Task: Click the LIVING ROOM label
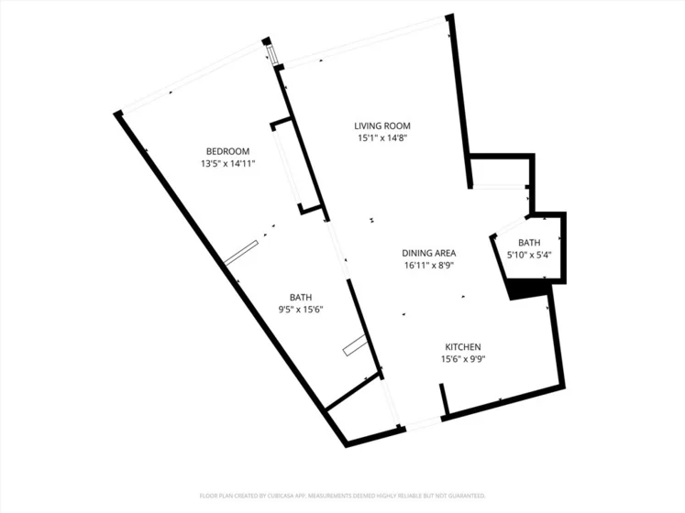point(382,126)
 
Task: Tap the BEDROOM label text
point(227,151)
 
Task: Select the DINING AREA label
point(428,253)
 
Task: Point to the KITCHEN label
point(463,347)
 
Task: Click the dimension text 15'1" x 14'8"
point(382,138)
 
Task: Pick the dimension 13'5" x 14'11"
point(227,164)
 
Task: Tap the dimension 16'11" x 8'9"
point(428,266)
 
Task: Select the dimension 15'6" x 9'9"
point(463,359)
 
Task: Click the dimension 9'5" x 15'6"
point(301,310)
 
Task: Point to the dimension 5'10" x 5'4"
point(529,255)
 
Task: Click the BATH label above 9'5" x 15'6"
point(301,298)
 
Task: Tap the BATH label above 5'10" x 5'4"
point(529,243)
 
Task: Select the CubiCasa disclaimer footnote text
point(343,496)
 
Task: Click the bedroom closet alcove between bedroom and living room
point(296,166)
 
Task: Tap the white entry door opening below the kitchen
point(424,423)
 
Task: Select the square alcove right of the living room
point(500,171)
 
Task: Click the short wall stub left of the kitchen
point(444,399)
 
